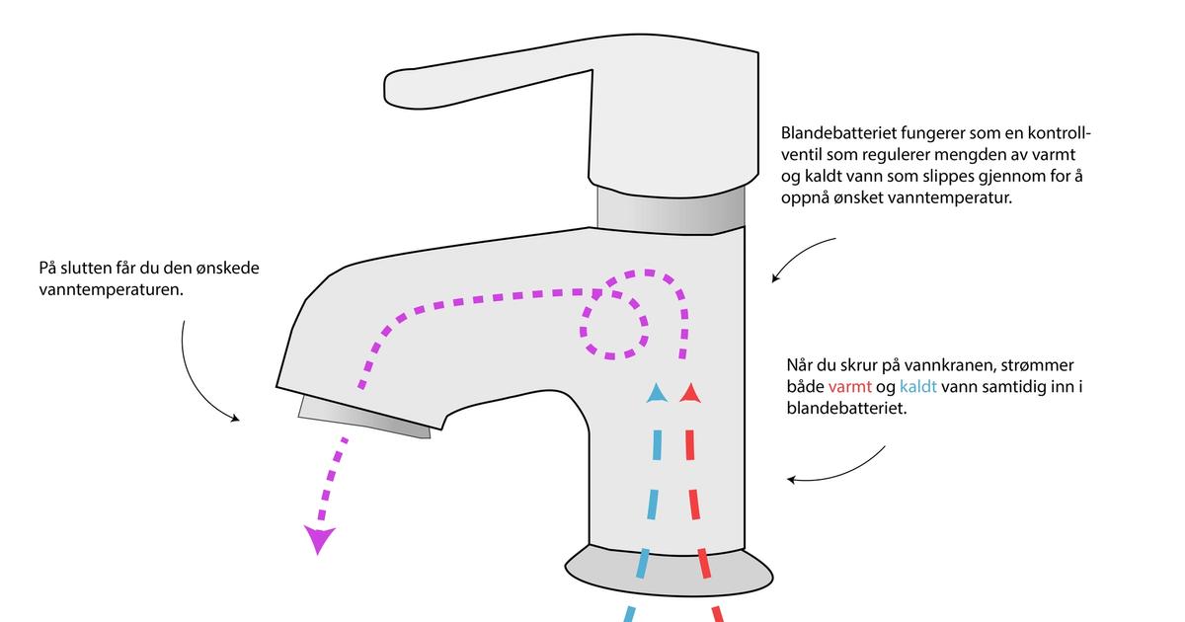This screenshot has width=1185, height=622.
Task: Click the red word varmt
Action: (x=850, y=386)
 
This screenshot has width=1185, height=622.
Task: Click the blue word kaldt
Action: (x=917, y=386)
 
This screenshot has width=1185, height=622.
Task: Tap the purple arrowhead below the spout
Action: (x=319, y=539)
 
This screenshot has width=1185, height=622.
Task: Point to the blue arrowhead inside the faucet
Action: (x=656, y=394)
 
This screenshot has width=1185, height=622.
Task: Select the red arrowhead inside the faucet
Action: (x=690, y=394)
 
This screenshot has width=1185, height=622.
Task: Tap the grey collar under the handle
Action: (x=671, y=207)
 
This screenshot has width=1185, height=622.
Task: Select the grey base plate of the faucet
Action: (x=669, y=572)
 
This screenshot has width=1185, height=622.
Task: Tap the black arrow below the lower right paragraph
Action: (x=839, y=471)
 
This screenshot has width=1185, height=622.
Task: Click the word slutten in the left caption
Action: (x=86, y=268)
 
